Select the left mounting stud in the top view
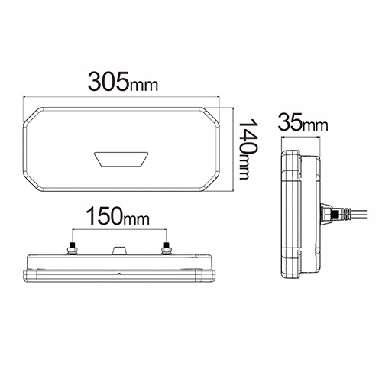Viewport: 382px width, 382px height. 71,247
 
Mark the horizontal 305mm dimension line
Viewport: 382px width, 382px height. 122,98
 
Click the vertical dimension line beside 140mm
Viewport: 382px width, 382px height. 229,145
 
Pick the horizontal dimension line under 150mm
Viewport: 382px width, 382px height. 118,231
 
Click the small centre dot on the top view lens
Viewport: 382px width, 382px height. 118,273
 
